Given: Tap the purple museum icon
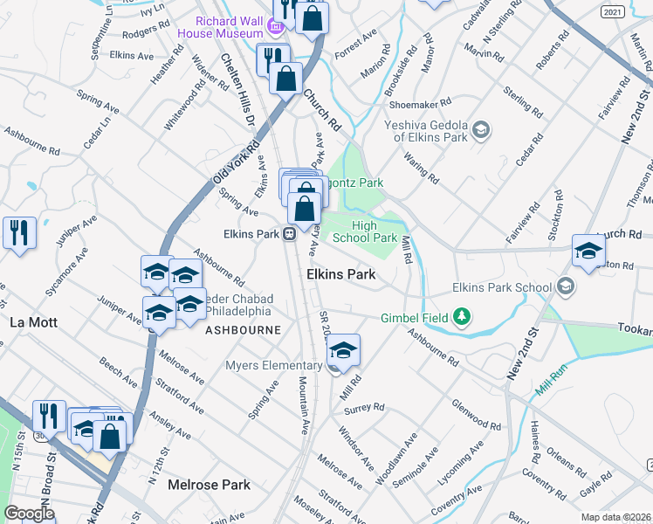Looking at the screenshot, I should [x=277, y=28].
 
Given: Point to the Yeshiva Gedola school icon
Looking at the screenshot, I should [x=479, y=131].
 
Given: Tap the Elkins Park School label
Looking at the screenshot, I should [x=501, y=287].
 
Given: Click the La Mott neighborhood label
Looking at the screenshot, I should [x=32, y=321].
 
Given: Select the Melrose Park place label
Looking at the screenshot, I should [x=209, y=485].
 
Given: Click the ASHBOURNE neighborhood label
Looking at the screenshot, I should [x=243, y=330].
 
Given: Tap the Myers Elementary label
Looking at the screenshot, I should [x=273, y=365].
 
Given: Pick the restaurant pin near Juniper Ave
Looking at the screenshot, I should [x=19, y=232].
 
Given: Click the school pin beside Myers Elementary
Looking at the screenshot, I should [x=344, y=350].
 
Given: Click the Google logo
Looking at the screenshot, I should [x=29, y=514].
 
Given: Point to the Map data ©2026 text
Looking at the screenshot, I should [x=615, y=517].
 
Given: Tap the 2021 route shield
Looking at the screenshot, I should [x=613, y=11].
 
